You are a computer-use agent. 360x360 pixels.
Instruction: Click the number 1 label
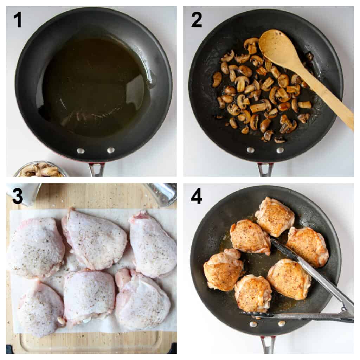17,20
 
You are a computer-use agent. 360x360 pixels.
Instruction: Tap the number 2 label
197,20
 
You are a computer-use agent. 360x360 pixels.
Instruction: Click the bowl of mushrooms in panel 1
40,170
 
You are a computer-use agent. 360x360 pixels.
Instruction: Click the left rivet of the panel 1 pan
81,151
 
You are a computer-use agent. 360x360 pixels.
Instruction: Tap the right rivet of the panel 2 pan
280,150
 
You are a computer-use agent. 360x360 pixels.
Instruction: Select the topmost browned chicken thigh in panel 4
275,217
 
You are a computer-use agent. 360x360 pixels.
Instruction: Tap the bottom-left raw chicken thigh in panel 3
40,308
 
